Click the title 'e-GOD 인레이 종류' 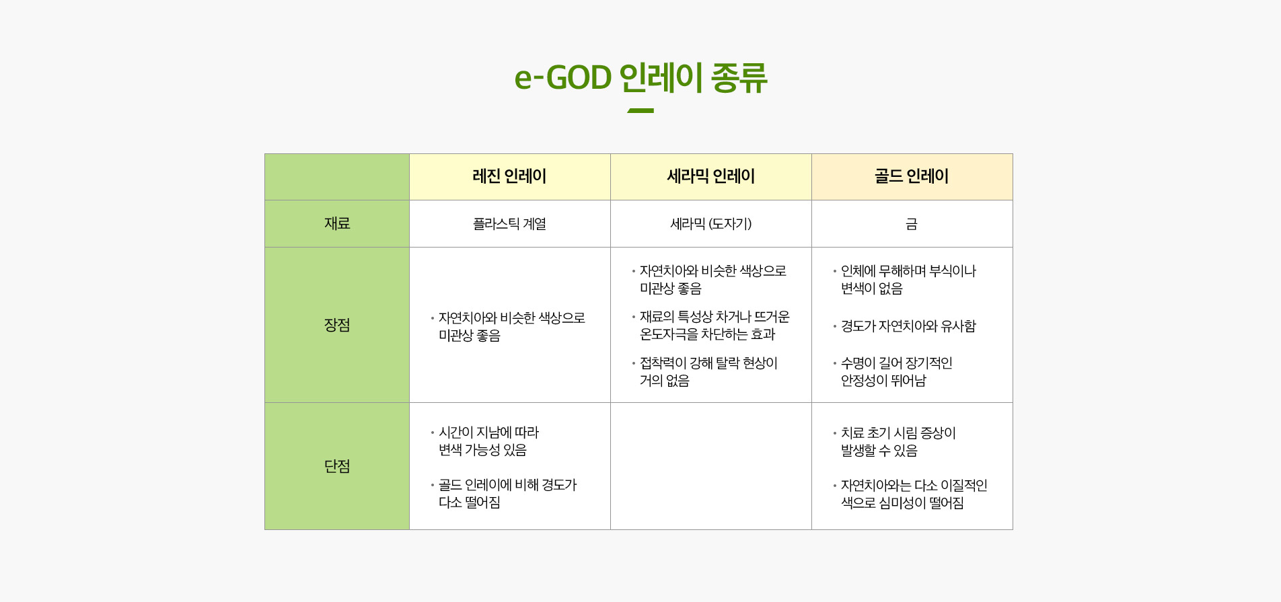click(640, 77)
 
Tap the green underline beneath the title click(640, 110)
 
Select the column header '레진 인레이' click(509, 176)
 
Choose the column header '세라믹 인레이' click(710, 176)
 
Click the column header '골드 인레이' click(912, 176)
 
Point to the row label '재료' click(337, 223)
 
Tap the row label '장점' click(337, 325)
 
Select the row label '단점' click(337, 466)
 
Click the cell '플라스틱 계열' click(509, 224)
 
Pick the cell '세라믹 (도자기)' click(710, 224)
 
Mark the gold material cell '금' click(912, 224)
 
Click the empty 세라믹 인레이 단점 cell click(710, 466)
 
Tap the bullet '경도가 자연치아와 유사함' click(904, 326)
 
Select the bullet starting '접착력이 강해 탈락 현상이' click(704, 372)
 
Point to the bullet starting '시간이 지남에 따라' click(484, 441)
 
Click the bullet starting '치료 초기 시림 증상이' click(894, 442)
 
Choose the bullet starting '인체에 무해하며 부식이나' click(904, 280)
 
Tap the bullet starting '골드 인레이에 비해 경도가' click(504, 494)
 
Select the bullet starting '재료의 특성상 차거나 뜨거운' click(710, 326)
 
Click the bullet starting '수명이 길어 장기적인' click(893, 372)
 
